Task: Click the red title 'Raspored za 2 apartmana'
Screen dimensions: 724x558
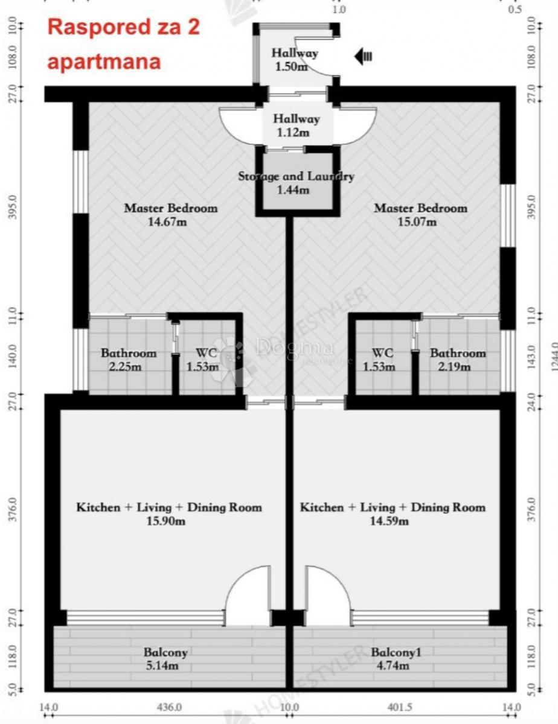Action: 123,43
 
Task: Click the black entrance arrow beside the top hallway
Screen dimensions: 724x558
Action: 364,57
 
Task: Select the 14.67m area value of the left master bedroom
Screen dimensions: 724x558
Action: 171,221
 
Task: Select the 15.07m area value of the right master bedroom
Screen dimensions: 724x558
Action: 421,221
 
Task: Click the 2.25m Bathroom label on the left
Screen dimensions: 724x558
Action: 128,360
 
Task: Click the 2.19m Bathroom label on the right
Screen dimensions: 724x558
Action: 457,360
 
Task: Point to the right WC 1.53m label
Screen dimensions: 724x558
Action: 379,360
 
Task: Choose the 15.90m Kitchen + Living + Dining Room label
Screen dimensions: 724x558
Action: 169,513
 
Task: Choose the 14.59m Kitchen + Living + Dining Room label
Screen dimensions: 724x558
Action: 393,513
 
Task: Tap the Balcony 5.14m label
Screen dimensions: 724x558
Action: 165,659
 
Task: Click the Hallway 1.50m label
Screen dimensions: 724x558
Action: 295,60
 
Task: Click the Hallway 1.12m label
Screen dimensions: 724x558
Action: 296,125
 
